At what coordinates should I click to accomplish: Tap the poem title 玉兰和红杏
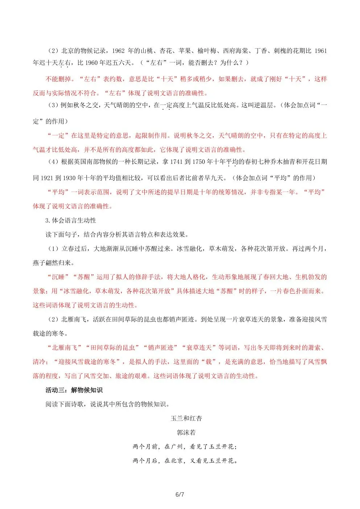[186, 418]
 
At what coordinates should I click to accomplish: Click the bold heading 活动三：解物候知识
[74, 390]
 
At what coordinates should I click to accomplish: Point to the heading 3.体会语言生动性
[71, 220]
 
